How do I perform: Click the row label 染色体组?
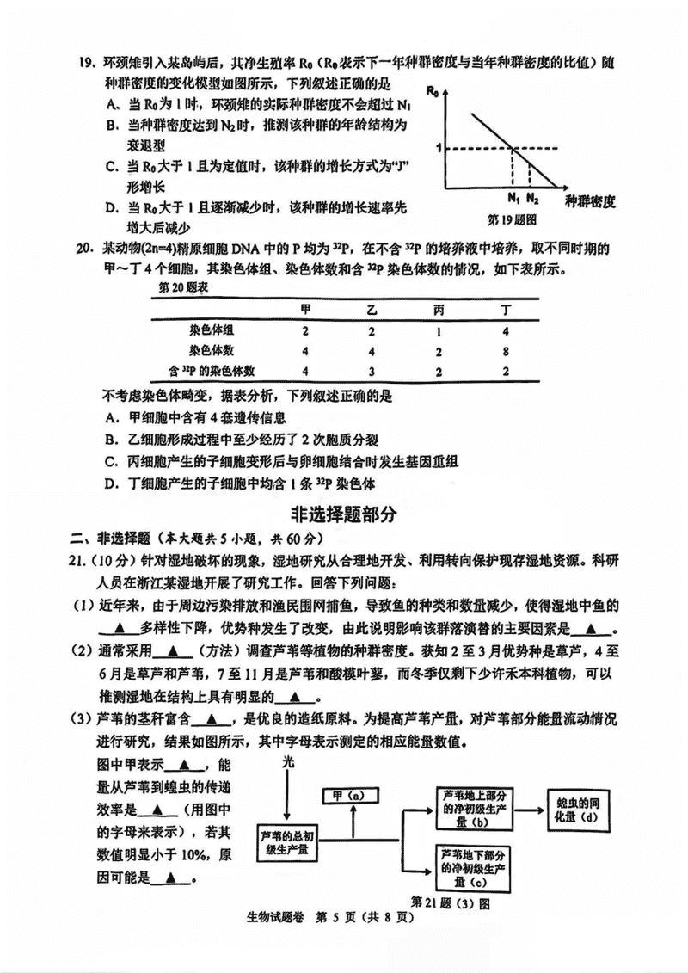click(212, 330)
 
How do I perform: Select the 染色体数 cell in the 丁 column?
click(506, 350)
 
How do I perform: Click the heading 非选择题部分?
click(344, 514)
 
